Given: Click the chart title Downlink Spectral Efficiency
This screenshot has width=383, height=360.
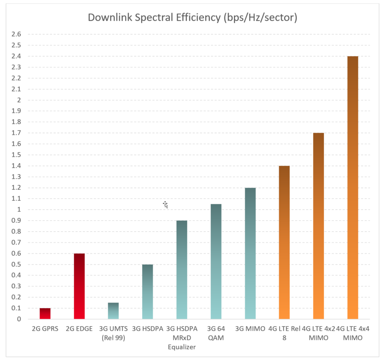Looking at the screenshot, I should tap(192, 18).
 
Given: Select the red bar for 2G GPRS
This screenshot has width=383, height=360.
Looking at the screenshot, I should tap(45, 314).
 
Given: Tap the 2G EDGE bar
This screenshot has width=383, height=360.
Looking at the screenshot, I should tap(79, 286).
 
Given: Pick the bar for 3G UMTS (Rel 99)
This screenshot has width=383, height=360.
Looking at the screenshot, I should tap(113, 311).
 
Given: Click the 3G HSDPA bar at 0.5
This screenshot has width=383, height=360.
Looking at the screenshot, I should tap(147, 292).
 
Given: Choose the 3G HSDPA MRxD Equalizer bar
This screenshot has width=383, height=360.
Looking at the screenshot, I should tap(182, 270).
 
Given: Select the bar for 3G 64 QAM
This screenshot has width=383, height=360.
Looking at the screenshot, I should tap(216, 262).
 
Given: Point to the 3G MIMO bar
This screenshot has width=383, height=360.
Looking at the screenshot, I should tap(250, 253).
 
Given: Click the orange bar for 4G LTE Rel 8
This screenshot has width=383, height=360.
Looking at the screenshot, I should tap(284, 242).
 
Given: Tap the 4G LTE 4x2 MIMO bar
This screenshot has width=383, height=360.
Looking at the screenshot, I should tap(318, 226).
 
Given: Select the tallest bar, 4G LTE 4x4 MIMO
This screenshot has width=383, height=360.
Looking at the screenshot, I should tap(353, 187).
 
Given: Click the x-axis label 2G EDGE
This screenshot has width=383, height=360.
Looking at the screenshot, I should tap(79, 329).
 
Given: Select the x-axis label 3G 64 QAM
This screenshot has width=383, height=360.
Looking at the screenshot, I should tap(216, 333).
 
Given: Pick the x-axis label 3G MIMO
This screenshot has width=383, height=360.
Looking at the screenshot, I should tap(250, 329).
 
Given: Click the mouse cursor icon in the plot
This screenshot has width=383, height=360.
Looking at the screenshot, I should tap(166, 205).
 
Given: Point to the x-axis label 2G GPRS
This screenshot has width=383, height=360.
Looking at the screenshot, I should tap(45, 329).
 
